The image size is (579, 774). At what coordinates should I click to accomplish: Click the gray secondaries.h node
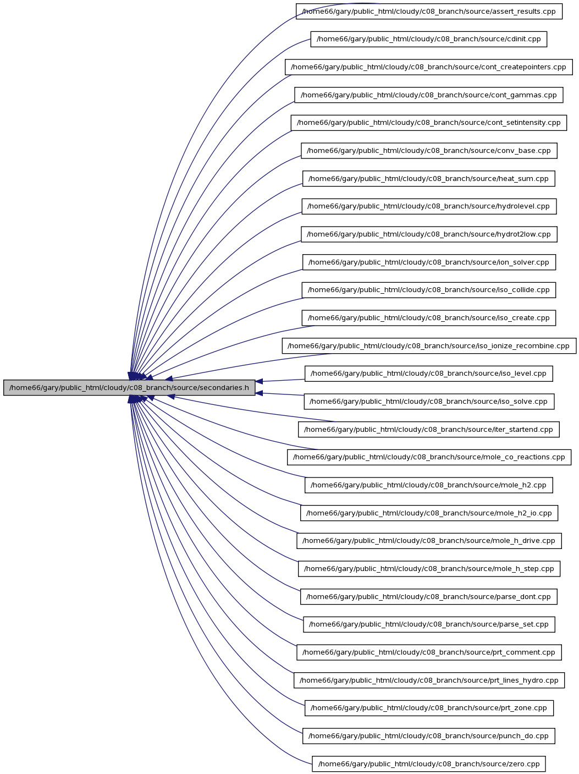pos(129,387)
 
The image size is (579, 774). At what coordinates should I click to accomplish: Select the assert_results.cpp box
pos(429,12)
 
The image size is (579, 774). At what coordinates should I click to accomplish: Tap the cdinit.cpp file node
pos(428,39)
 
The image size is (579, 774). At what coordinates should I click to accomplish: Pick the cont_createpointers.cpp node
pos(428,67)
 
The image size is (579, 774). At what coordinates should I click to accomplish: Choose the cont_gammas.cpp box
pos(428,95)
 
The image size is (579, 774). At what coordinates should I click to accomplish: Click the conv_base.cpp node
pos(429,151)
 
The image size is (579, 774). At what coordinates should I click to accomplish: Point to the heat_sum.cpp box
pos(428,178)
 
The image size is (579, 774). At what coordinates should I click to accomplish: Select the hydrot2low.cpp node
pos(429,234)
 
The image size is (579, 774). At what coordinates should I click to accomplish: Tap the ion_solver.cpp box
pos(429,262)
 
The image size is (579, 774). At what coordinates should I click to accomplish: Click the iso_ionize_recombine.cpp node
pos(429,346)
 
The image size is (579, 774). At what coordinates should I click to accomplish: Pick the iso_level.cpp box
pos(428,374)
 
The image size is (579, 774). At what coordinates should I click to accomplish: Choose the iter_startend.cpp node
pos(428,429)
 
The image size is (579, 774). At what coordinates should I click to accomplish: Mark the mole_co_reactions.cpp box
pos(429,457)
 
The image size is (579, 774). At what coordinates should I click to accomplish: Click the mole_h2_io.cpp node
pos(429,513)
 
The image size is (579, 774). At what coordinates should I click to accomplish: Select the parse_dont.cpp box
pos(428,596)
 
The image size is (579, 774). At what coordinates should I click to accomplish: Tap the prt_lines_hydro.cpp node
pos(429,680)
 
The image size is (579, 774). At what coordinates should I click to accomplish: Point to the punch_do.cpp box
pos(428,735)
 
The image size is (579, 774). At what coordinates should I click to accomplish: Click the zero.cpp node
pos(428,764)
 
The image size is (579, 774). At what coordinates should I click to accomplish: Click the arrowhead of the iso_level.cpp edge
pos(258,381)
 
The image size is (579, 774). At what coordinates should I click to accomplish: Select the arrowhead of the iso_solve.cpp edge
pos(258,393)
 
